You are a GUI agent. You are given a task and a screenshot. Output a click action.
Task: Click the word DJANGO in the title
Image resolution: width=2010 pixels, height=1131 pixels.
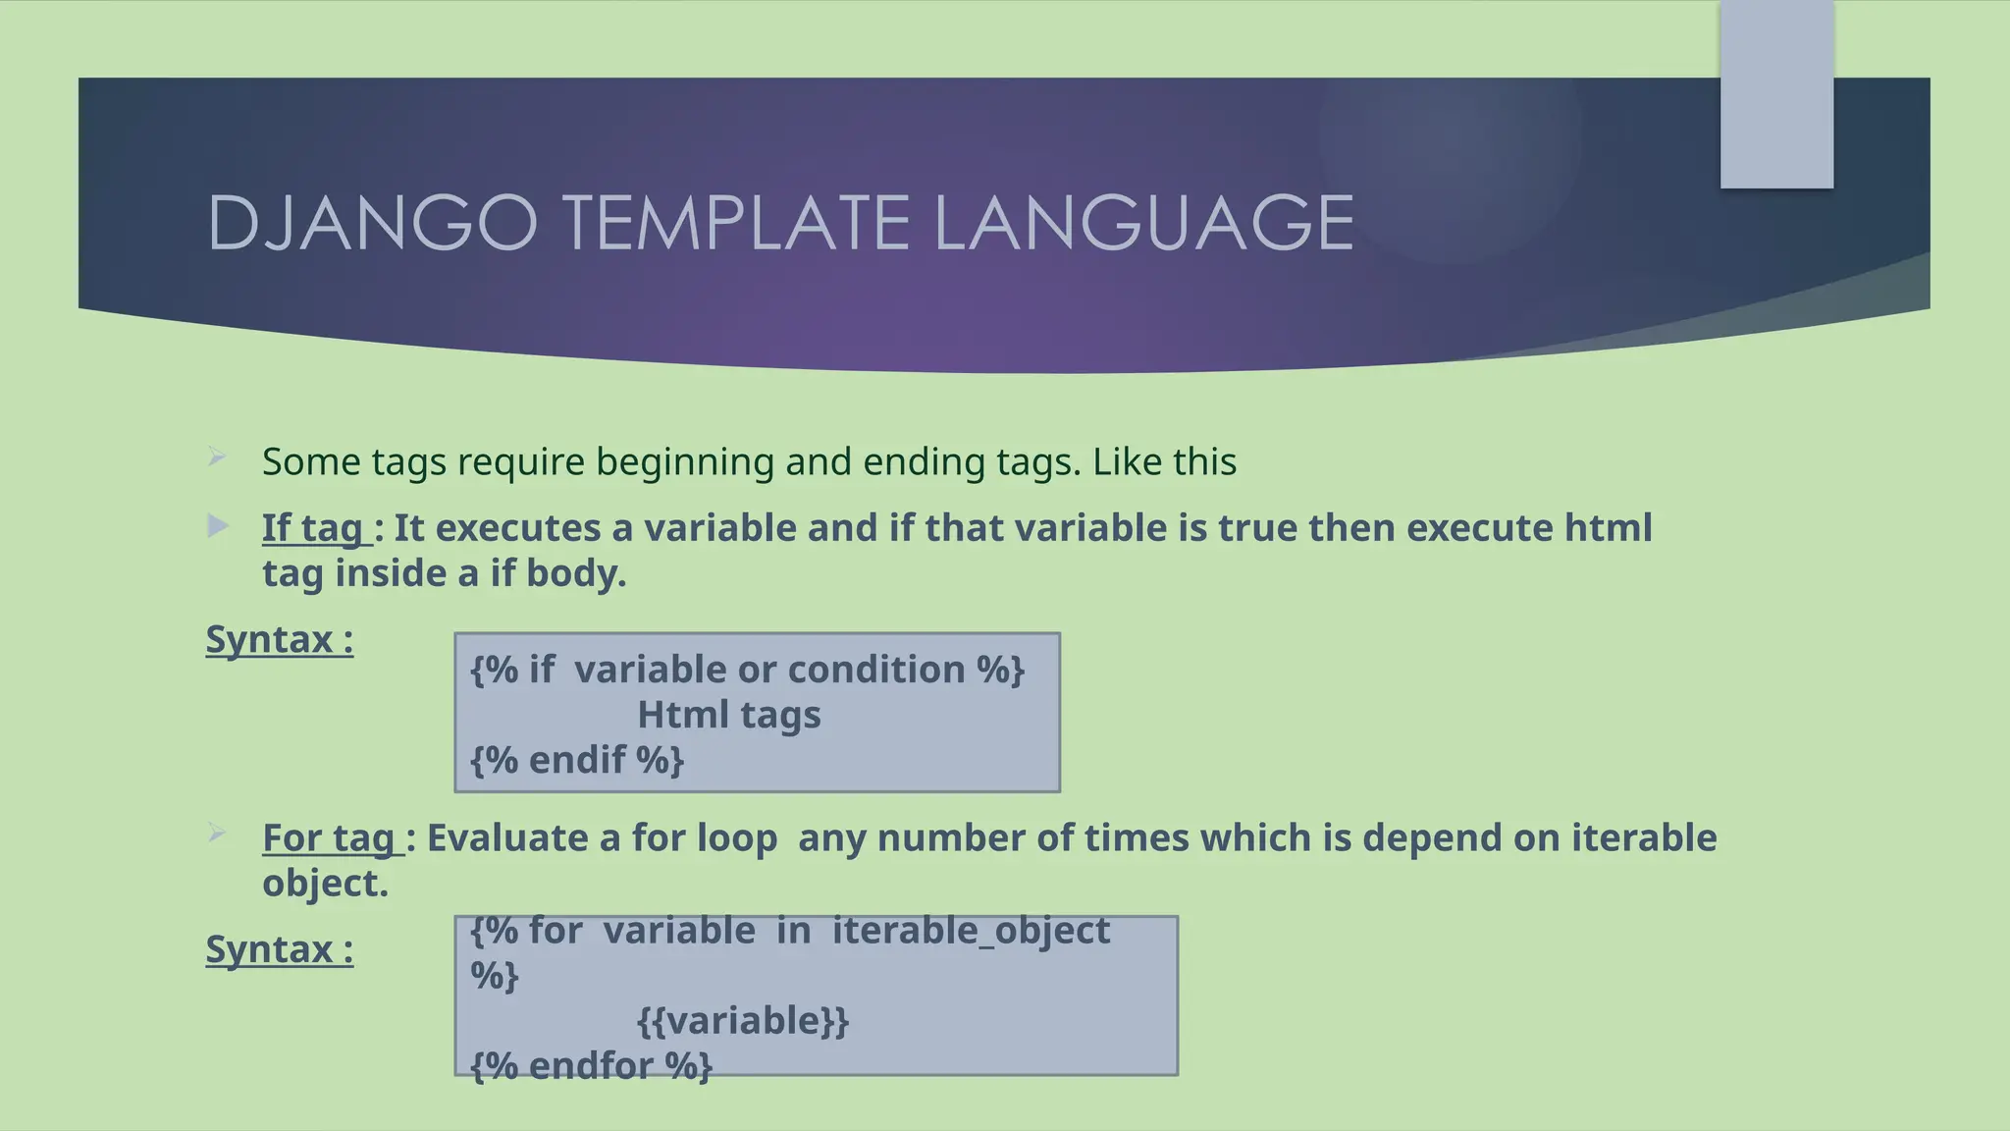coord(372,223)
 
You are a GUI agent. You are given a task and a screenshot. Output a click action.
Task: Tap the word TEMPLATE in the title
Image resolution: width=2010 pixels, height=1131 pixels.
coord(737,223)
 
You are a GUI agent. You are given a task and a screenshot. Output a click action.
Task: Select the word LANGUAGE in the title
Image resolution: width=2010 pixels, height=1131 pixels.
coord(1143,223)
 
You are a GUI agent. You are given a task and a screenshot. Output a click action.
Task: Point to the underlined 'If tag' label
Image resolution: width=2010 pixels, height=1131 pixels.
coord(314,528)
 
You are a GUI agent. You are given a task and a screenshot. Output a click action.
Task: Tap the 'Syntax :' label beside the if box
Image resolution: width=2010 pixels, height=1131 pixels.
coord(280,640)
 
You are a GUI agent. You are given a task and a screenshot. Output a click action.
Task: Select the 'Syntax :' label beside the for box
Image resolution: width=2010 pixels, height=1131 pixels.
coord(280,950)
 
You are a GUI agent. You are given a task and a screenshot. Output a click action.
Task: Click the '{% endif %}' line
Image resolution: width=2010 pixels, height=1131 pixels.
coord(577,760)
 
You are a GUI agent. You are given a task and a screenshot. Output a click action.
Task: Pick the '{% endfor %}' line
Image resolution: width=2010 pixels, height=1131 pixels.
coord(591,1066)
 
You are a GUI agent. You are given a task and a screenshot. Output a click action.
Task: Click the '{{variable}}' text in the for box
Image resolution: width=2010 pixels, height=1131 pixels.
coord(743,1021)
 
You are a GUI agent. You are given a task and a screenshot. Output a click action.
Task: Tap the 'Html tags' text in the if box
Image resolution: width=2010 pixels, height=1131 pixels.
coord(729,715)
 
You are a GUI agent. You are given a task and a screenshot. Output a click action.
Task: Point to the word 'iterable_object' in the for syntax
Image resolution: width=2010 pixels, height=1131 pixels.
coord(971,931)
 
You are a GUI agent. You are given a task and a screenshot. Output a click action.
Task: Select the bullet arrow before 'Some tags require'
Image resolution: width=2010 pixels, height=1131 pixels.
coord(218,457)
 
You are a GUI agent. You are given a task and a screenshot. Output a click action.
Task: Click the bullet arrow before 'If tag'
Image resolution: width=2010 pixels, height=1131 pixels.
coord(218,526)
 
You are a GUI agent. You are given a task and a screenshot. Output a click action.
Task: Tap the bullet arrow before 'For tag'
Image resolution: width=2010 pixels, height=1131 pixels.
coord(218,835)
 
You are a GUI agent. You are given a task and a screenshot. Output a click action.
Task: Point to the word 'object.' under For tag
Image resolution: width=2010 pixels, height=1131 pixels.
coord(325,884)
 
